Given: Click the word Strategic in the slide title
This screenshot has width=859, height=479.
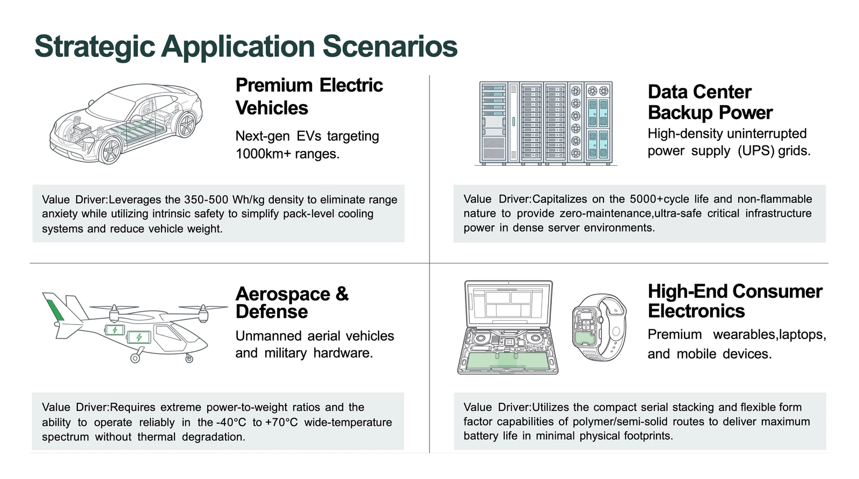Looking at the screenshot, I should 94,47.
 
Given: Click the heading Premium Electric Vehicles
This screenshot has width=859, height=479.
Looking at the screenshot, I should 309,97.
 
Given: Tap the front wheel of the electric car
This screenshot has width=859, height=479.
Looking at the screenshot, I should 111,150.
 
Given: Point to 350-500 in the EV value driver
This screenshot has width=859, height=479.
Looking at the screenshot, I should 206,200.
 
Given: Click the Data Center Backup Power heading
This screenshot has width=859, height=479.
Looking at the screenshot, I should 710,102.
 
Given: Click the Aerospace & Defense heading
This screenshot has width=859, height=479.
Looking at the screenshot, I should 292,303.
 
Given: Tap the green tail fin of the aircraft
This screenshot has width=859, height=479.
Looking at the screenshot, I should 55,310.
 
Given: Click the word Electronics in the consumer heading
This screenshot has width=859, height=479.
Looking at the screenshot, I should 696,311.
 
